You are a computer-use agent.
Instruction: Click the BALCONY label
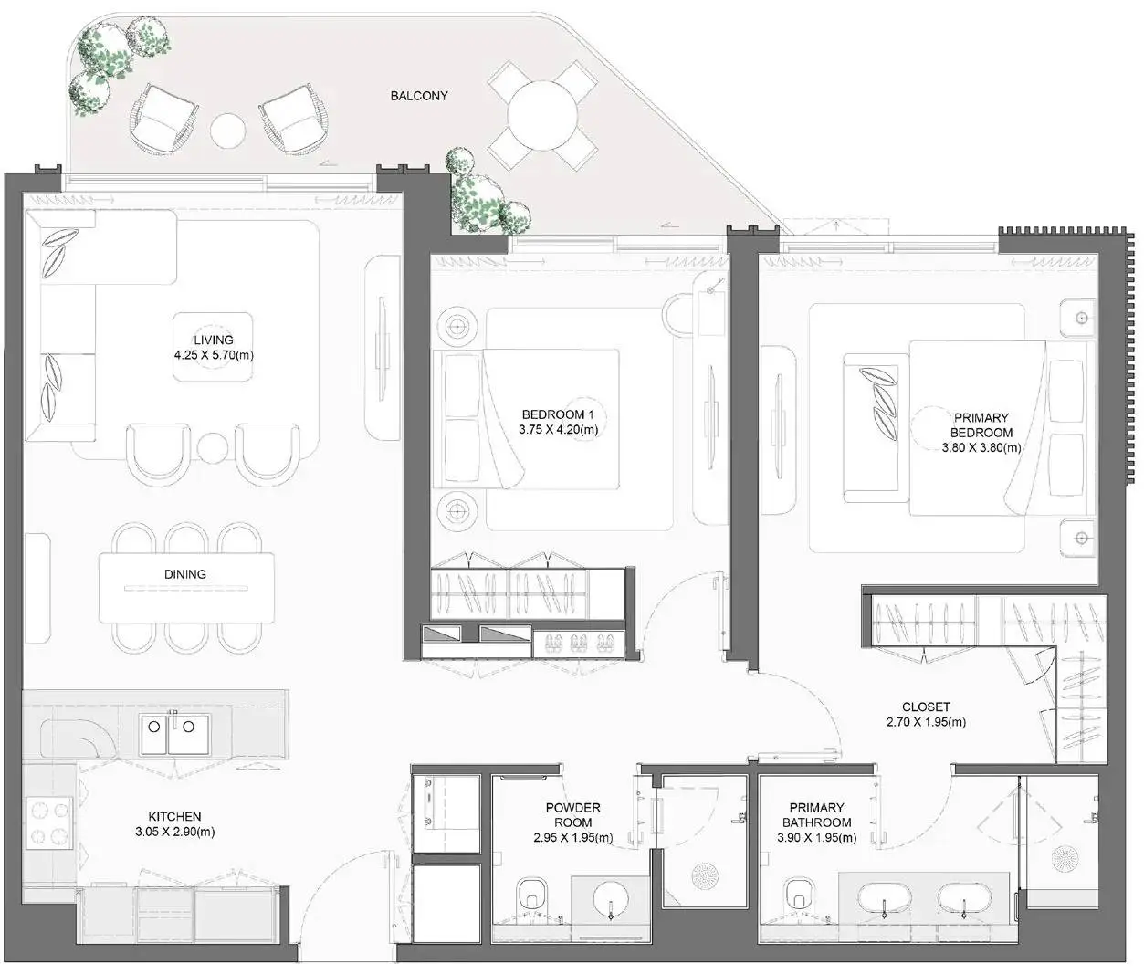coord(418,96)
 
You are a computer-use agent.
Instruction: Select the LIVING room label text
coord(213,340)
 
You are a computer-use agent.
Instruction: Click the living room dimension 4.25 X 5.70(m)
coord(214,355)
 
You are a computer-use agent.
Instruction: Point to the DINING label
coord(184,574)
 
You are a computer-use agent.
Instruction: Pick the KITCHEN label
coord(175,816)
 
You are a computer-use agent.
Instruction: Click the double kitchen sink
coord(175,734)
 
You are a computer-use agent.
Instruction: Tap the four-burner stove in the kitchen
coord(49,822)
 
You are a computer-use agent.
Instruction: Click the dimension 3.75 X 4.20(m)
coord(558,429)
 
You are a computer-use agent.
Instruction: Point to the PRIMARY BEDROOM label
coord(981,424)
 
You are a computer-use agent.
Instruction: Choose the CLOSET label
coord(926,707)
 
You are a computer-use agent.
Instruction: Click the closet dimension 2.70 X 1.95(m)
coord(926,722)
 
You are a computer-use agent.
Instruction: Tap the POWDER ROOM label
coord(572,814)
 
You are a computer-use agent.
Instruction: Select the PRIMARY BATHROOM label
coord(816,814)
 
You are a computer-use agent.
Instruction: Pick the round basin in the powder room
coord(611,900)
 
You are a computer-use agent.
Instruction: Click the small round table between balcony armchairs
coord(227,131)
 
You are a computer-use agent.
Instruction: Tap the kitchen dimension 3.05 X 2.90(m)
coord(175,832)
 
